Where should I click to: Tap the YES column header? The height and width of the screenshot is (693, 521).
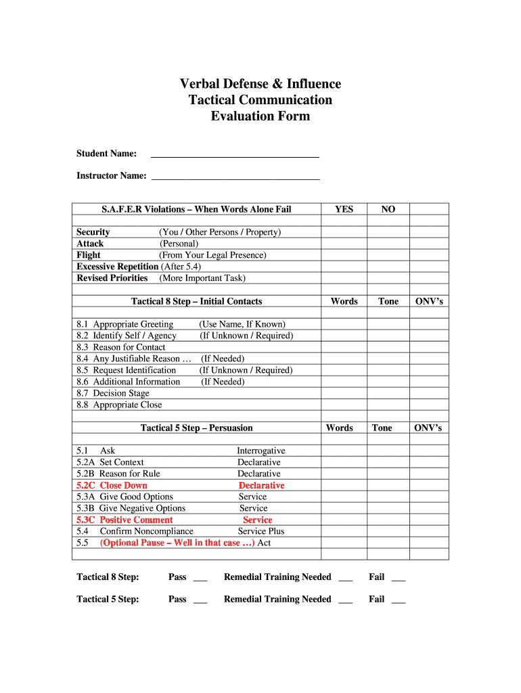pyautogui.click(x=344, y=209)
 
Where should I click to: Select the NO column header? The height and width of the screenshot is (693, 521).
pyautogui.click(x=388, y=209)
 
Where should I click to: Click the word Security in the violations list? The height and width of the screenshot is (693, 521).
pyautogui.click(x=93, y=232)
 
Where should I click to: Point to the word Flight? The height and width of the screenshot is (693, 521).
pyautogui.click(x=89, y=255)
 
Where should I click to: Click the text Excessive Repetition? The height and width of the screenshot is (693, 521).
pyautogui.click(x=118, y=267)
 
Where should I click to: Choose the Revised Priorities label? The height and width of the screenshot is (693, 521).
pyautogui.click(x=112, y=278)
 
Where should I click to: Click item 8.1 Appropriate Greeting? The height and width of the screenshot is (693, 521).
pyautogui.click(x=125, y=324)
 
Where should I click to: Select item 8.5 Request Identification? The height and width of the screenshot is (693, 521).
pyautogui.click(x=127, y=370)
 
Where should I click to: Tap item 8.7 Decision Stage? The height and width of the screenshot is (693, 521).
pyautogui.click(x=113, y=393)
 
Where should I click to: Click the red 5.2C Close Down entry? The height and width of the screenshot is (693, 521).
pyautogui.click(x=112, y=485)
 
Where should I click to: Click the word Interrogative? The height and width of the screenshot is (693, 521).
pyautogui.click(x=260, y=451)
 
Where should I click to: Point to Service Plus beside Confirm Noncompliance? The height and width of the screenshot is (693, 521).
pyautogui.click(x=261, y=531)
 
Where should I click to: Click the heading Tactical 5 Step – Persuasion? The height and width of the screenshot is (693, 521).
pyautogui.click(x=196, y=428)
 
